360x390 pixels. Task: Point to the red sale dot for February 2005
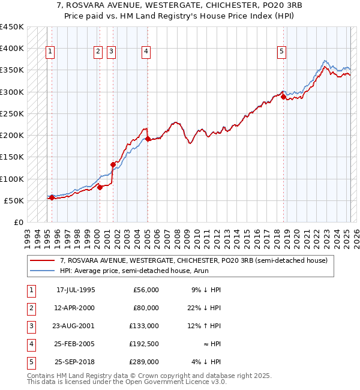click(148, 139)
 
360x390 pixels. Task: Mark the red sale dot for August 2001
click(113, 164)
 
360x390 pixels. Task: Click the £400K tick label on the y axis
click(11, 49)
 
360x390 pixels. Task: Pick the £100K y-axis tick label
click(11, 179)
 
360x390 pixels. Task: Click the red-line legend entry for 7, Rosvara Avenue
click(193, 260)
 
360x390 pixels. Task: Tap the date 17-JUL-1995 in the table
click(76, 290)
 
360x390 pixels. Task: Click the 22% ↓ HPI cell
click(204, 308)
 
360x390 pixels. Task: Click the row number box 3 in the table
click(30, 326)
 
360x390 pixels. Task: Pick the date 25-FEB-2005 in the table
click(76, 344)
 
